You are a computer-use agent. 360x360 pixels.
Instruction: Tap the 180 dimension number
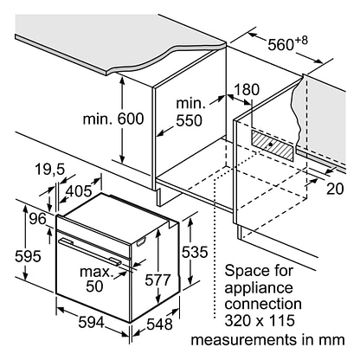point(246,90)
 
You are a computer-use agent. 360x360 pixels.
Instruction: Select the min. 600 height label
point(113,119)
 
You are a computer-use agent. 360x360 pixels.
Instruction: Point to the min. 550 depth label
point(190,112)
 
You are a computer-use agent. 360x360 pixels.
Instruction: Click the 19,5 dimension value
point(49,170)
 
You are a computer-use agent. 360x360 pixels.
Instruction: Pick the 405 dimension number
point(79,190)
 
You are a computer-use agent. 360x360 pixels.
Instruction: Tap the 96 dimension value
point(38,219)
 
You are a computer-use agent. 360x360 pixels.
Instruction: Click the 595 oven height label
point(28,256)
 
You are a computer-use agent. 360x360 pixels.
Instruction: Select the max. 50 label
point(96,279)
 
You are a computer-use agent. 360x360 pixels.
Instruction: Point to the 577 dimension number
point(157,280)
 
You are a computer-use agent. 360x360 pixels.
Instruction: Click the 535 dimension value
point(195,252)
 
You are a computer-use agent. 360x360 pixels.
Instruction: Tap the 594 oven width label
point(91,322)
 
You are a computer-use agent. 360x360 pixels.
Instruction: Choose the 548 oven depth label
point(159,324)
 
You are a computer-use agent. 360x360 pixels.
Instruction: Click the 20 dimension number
point(335,189)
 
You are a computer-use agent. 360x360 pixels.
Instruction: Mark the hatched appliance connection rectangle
point(273,145)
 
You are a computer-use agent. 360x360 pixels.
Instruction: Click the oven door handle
point(90,250)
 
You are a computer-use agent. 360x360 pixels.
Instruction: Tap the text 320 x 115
point(260,320)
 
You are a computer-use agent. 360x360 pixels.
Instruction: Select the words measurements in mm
point(267,340)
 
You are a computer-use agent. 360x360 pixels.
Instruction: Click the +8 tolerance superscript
point(301,40)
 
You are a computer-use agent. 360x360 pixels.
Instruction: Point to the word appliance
point(259,288)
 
